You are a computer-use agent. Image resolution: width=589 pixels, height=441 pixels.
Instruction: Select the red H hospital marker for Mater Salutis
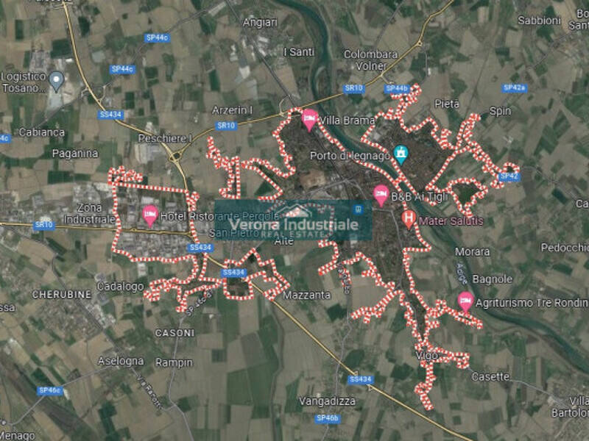click(409, 218)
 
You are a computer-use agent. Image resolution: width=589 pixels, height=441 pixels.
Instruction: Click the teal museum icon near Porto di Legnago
click(401, 154)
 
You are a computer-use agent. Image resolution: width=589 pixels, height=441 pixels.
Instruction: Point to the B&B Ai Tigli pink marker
click(381, 195)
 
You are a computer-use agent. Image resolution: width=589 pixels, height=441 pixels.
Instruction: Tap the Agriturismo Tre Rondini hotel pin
click(465, 301)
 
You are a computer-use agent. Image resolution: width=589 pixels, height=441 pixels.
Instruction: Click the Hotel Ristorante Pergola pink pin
click(150, 215)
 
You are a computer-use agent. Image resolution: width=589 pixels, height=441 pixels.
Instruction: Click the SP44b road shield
click(396, 88)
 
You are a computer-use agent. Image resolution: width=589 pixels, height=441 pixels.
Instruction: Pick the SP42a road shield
click(514, 88)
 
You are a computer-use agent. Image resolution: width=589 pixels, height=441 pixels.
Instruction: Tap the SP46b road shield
click(328, 418)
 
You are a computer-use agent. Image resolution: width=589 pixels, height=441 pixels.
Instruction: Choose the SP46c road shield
click(49, 390)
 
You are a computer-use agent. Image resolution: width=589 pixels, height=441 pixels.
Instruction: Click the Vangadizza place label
click(327, 401)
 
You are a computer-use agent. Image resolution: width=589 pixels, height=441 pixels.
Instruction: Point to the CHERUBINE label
click(62, 294)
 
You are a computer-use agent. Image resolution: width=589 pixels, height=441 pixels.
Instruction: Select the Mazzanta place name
click(306, 295)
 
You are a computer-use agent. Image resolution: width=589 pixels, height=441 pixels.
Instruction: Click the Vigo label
click(425, 355)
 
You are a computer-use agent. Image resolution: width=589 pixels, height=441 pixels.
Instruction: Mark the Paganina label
click(75, 154)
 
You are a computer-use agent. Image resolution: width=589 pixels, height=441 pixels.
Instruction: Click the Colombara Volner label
click(371, 59)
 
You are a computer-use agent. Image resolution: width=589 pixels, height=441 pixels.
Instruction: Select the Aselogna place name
click(120, 361)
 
